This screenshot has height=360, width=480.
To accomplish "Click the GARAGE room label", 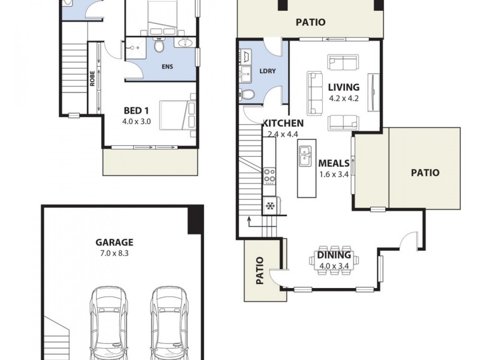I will [114, 242].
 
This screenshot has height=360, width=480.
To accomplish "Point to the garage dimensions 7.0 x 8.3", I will [114, 254].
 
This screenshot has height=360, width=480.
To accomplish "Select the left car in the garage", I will [109, 324].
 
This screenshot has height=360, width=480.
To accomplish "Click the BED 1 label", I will [136, 110].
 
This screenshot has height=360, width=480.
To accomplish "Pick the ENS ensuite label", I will [167, 67].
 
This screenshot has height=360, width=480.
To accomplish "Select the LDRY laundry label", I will [268, 71].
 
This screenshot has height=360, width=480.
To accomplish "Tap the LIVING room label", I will [344, 88].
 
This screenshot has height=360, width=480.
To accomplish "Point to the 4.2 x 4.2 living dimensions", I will [344, 98].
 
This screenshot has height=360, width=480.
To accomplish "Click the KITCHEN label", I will [283, 123].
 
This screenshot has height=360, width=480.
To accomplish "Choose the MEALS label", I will [334, 163].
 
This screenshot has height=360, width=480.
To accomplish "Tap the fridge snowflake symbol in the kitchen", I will [269, 206].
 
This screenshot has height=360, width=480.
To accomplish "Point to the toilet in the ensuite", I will [159, 46].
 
